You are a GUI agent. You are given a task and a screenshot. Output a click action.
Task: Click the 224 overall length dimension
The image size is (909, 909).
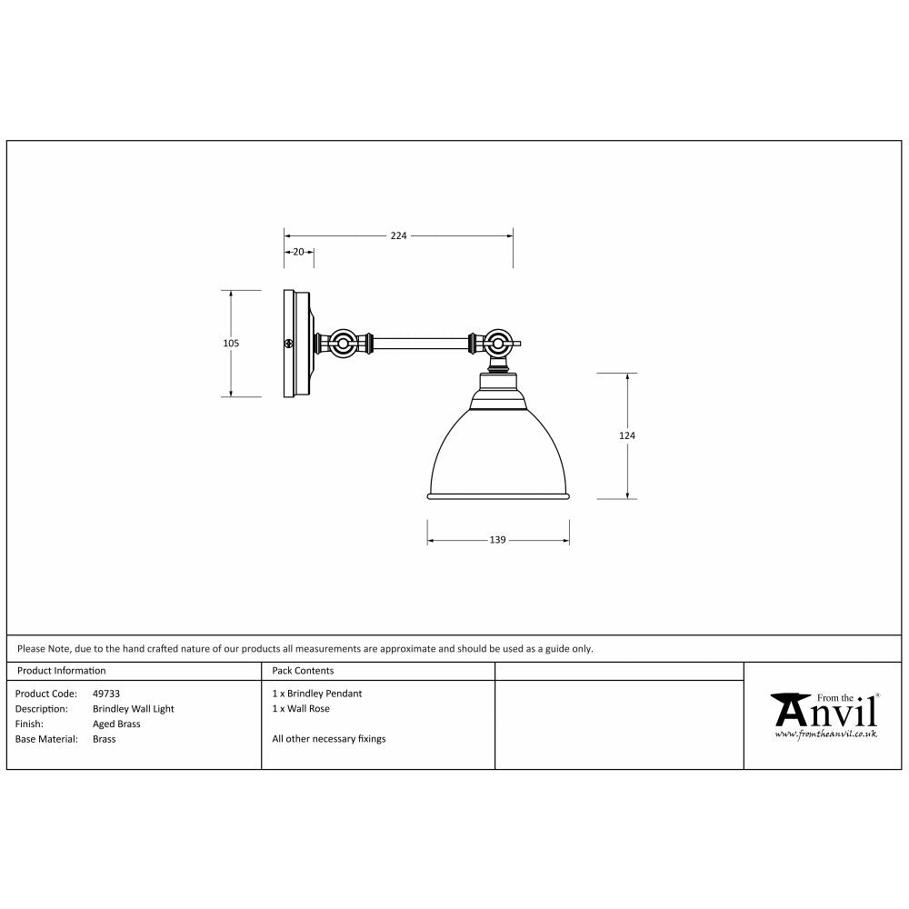(x=398, y=235)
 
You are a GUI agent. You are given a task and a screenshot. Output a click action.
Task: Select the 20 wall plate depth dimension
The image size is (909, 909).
(x=298, y=252)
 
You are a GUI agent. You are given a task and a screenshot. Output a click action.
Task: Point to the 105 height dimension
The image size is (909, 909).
(x=231, y=344)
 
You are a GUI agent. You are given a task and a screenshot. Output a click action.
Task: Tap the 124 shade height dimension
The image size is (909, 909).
(x=626, y=436)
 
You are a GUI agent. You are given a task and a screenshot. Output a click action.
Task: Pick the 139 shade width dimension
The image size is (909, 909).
(x=497, y=540)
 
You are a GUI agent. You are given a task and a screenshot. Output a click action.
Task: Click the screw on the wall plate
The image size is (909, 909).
(x=288, y=344)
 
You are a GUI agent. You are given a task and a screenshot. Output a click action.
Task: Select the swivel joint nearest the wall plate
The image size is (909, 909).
(x=344, y=345)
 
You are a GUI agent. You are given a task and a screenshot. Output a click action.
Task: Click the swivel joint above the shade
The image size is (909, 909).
(x=496, y=345)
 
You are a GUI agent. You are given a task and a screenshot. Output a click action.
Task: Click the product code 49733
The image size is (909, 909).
(x=106, y=694)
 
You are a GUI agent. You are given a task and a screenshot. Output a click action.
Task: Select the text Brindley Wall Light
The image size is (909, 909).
(x=133, y=709)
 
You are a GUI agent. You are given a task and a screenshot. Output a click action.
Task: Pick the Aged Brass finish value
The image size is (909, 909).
(x=116, y=724)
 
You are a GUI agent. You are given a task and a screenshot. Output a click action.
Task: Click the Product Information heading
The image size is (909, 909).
(x=62, y=671)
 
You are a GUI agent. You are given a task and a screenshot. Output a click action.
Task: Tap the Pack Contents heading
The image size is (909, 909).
(x=303, y=671)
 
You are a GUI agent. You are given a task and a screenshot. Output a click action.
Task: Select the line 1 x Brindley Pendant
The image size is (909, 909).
(x=316, y=694)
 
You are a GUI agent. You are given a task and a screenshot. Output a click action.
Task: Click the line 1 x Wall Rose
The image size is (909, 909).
(x=301, y=709)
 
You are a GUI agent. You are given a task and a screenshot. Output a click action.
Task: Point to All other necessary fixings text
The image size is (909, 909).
(x=328, y=739)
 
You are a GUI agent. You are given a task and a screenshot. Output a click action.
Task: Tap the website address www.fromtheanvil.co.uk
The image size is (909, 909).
(x=825, y=733)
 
